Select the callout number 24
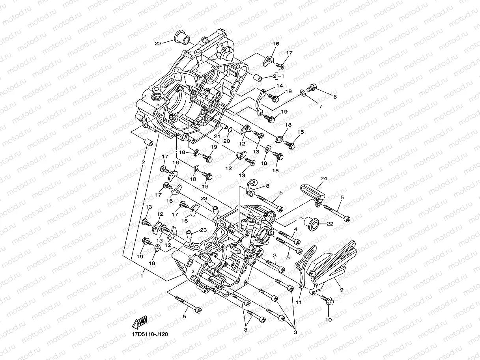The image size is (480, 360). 323,179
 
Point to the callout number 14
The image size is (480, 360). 279,86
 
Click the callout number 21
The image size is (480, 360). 217,136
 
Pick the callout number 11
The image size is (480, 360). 299,302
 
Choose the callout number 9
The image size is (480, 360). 342,290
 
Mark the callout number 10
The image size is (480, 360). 328,320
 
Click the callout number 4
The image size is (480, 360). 295,229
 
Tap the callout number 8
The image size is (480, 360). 267,185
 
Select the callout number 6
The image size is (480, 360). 335,97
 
